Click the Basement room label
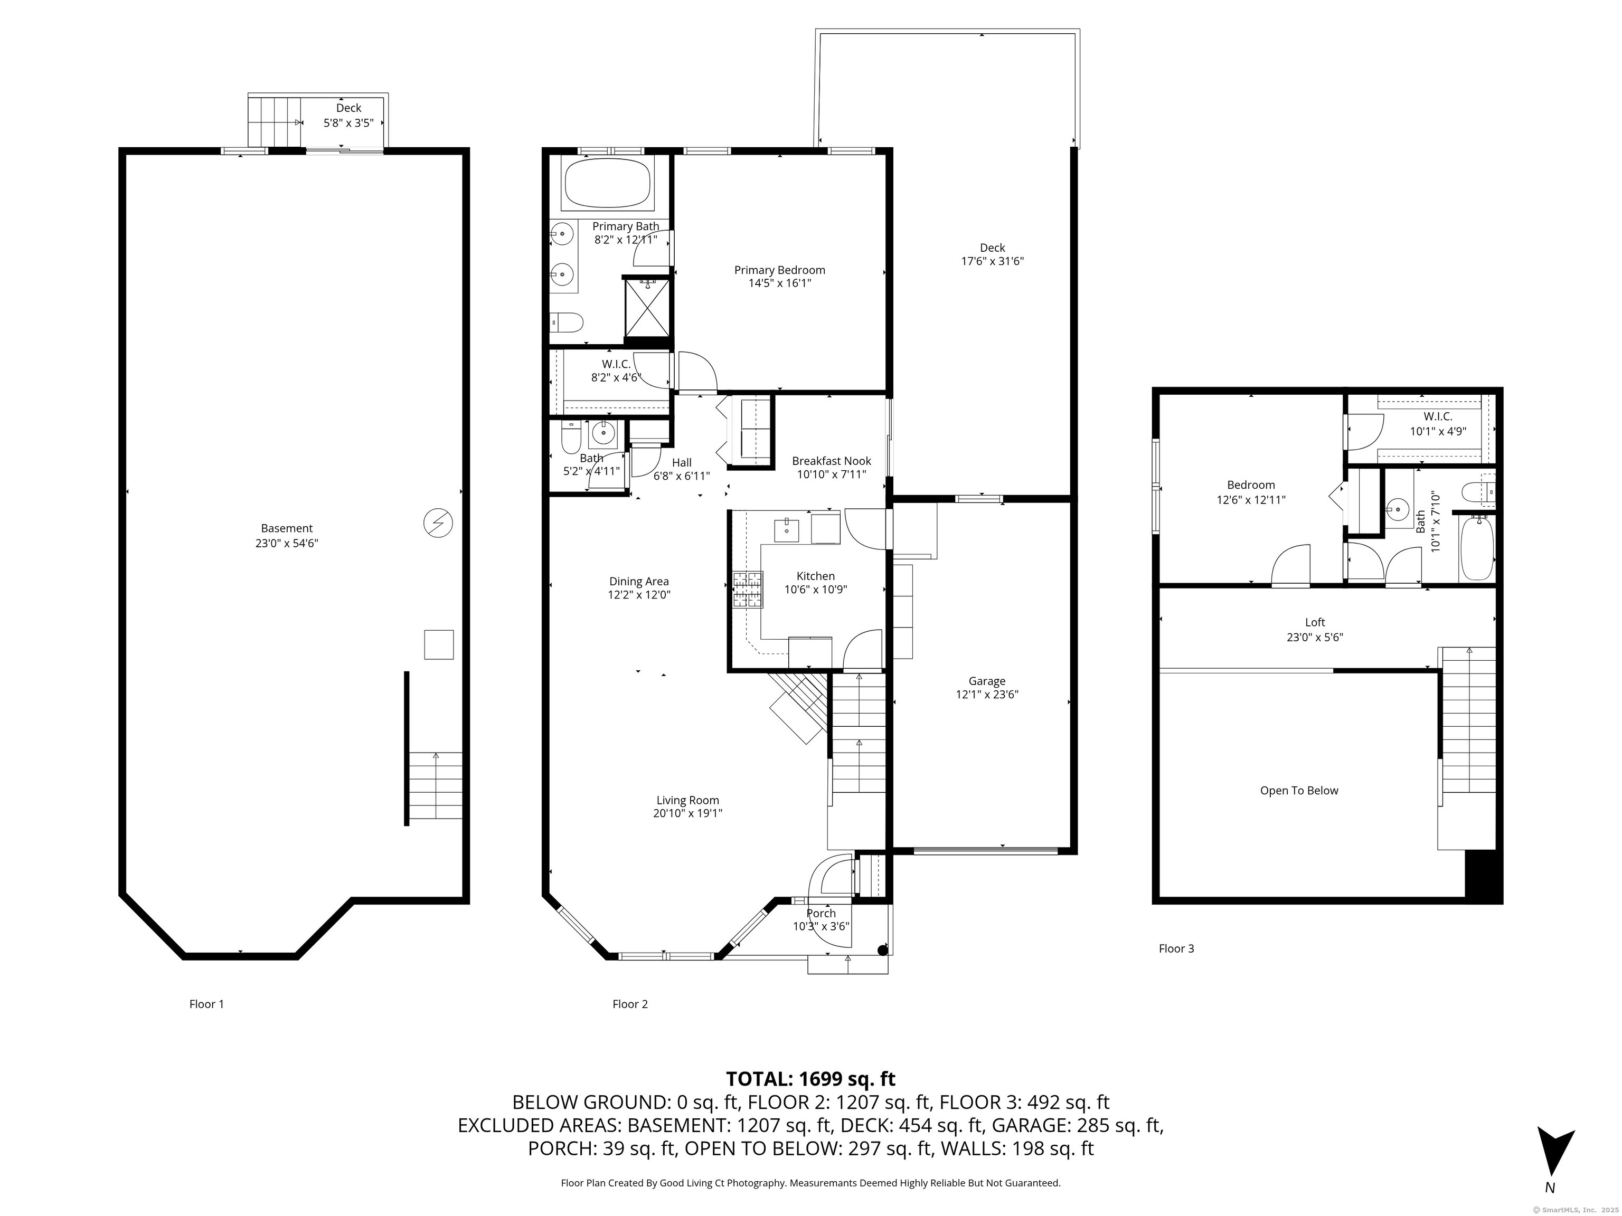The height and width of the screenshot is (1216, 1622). [287, 528]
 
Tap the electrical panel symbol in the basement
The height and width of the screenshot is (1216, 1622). [438, 524]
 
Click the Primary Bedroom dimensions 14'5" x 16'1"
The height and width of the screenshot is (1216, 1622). [779, 283]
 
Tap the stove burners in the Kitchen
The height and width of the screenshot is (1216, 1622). [747, 590]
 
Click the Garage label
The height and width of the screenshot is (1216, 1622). [986, 681]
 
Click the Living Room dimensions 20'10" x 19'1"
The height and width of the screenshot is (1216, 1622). [688, 813]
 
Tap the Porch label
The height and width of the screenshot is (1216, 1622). [821, 913]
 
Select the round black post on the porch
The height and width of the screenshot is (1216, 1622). [883, 950]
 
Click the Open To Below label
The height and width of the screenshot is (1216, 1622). [1299, 790]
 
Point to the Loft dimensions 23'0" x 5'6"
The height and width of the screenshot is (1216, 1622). [1315, 637]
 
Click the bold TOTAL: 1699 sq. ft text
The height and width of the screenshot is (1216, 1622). [810, 1079]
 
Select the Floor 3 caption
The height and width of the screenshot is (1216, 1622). [1176, 948]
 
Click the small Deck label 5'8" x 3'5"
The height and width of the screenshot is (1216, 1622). [349, 123]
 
